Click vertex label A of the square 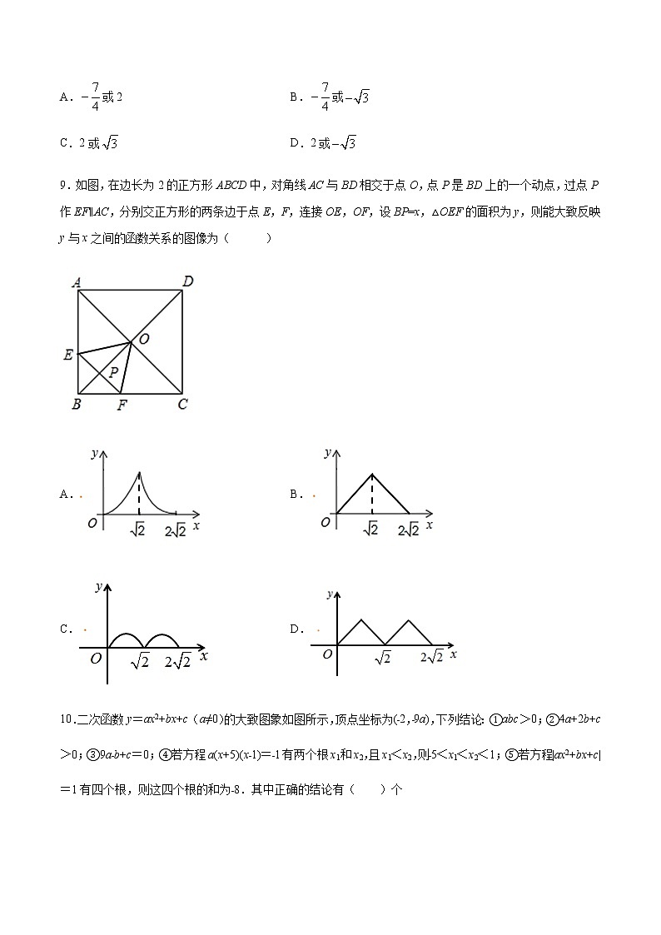click(x=76, y=282)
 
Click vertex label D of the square click(x=188, y=281)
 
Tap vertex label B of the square click(x=76, y=405)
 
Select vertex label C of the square click(x=182, y=405)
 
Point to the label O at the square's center click(x=144, y=339)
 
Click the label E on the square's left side click(x=67, y=356)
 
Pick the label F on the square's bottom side click(x=122, y=405)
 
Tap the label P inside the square click(x=114, y=372)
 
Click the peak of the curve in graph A click(x=138, y=472)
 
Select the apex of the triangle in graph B click(x=371, y=474)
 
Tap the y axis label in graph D click(x=331, y=594)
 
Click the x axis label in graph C click(x=204, y=656)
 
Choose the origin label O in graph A click(x=93, y=523)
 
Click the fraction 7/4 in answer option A click(x=95, y=96)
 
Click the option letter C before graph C click(x=64, y=629)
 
